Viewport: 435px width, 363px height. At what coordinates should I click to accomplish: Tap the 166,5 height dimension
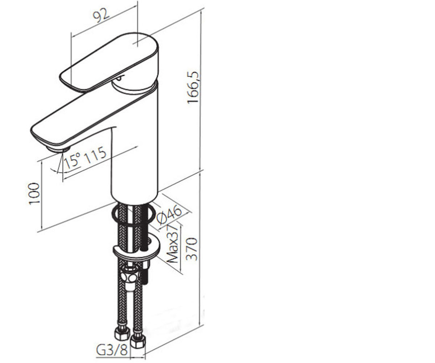[193, 87]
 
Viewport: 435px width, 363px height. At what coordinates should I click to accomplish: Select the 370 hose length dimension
[192, 249]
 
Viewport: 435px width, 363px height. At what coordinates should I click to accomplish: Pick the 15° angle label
[72, 161]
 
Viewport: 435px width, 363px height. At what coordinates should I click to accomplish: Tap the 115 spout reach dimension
[96, 155]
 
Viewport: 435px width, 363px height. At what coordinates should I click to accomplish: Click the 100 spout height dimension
[34, 194]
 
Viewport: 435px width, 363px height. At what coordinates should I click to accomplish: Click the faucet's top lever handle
[109, 62]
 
